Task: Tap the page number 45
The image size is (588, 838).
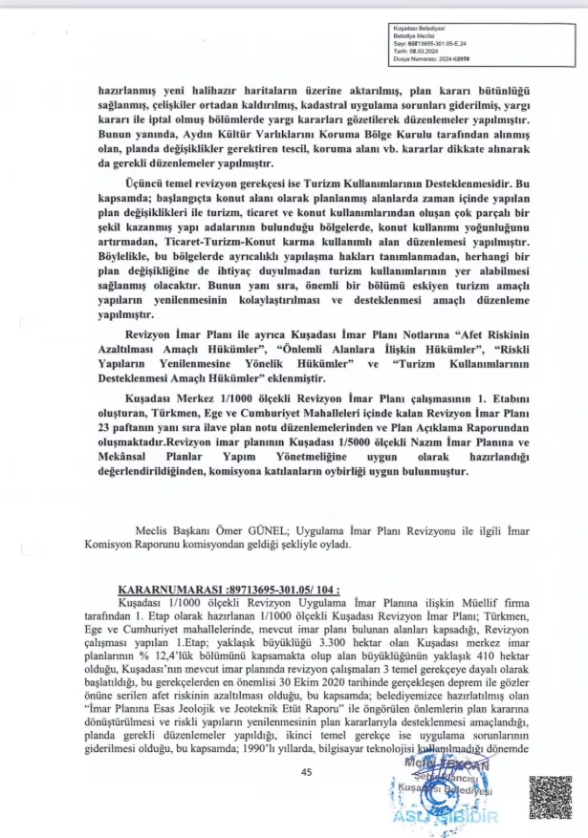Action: [x=306, y=772]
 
